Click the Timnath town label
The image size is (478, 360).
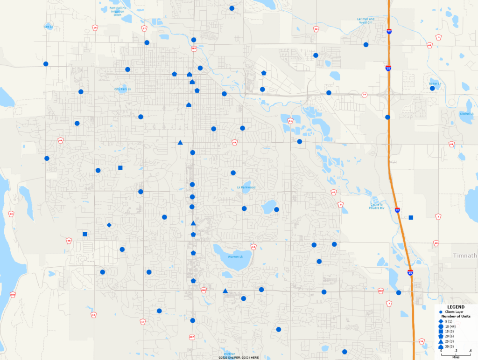click(x=465, y=256)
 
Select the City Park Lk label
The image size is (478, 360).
click(x=120, y=89)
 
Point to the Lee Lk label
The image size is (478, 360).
click(x=49, y=27)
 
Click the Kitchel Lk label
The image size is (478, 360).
click(x=466, y=114)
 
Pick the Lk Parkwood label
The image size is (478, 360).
click(x=246, y=187)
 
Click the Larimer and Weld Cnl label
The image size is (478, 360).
click(x=366, y=21)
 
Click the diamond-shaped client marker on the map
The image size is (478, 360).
click(x=109, y=225)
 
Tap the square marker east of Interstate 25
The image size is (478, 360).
click(x=411, y=218)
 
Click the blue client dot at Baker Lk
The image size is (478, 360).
click(x=432, y=88)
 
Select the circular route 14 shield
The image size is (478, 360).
click(x=365, y=95)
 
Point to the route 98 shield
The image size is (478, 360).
click(x=316, y=29)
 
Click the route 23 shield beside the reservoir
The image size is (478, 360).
click(x=11, y=214)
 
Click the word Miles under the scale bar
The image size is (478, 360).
click(x=455, y=357)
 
